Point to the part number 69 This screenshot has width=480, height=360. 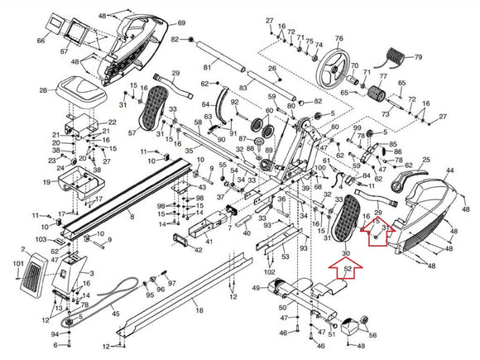point(181,23)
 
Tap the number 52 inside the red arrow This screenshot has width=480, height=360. point(348,269)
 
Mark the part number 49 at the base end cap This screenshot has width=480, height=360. point(256,289)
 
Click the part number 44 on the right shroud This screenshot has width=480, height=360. point(451,170)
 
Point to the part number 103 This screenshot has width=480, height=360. point(39,239)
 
